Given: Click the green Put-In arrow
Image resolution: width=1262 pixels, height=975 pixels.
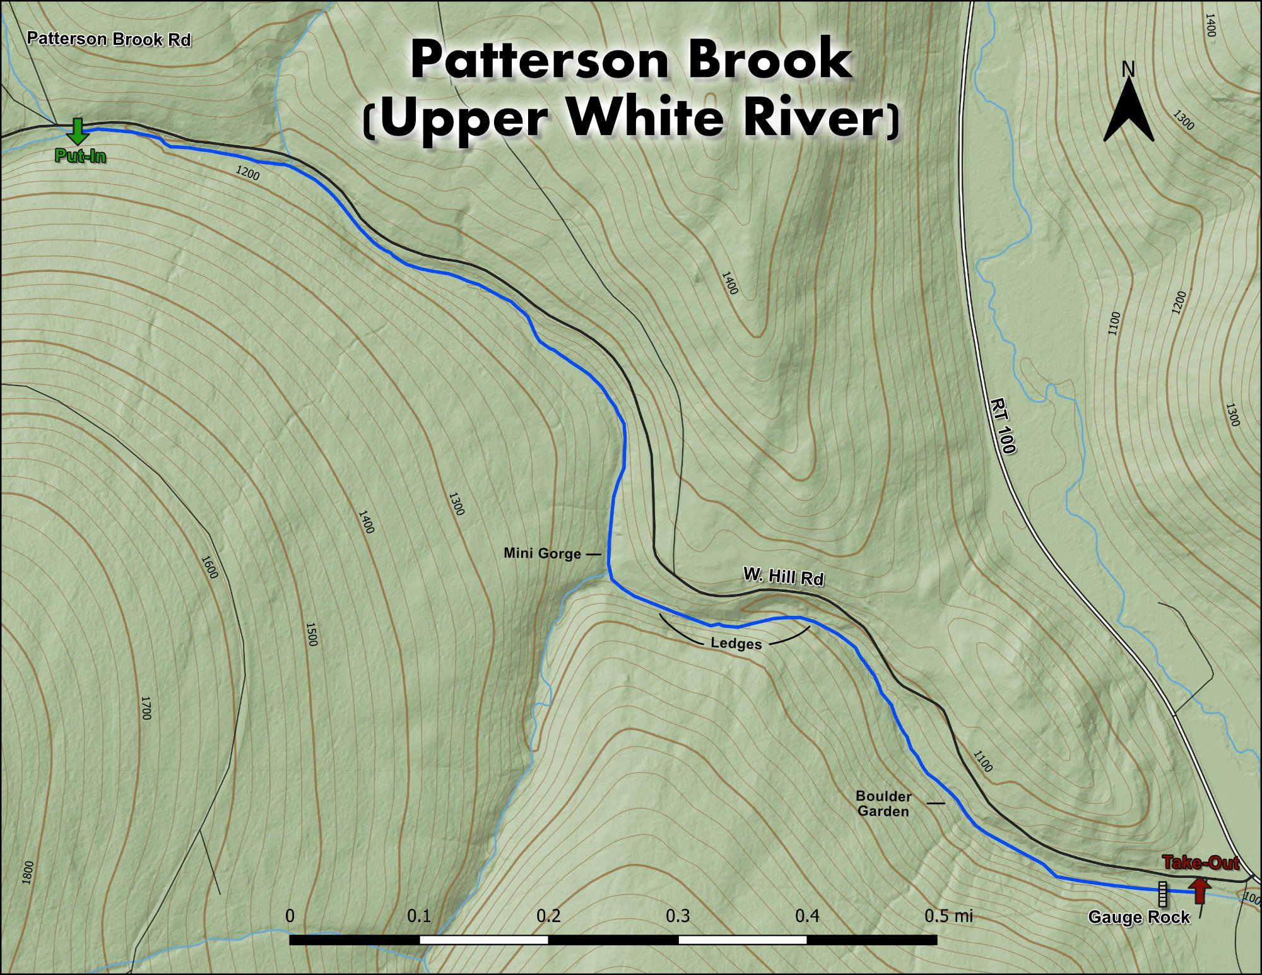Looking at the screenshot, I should (x=77, y=131).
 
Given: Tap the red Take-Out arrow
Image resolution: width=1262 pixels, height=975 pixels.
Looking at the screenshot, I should (x=1200, y=890).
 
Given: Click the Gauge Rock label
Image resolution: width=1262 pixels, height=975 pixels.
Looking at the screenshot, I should (x=1139, y=917).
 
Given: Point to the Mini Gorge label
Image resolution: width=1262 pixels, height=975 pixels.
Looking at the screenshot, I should (x=542, y=553).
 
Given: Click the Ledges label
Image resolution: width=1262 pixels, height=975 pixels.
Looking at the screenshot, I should (x=736, y=644).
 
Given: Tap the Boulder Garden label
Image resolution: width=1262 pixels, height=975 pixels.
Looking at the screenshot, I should (x=883, y=803).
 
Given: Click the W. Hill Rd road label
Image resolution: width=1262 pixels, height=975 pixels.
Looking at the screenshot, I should (x=783, y=576).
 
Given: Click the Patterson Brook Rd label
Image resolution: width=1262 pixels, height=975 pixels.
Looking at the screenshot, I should (x=109, y=39).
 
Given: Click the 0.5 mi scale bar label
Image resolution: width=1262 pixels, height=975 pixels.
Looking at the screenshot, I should (x=948, y=915).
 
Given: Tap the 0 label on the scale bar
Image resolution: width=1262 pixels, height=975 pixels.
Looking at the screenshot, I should (x=290, y=915).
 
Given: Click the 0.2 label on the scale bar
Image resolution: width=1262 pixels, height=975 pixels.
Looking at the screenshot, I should (x=548, y=915).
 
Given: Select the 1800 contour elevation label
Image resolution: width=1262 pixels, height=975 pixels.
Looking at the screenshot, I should (x=27, y=872).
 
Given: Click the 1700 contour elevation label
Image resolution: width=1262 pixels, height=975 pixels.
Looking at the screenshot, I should (x=146, y=708).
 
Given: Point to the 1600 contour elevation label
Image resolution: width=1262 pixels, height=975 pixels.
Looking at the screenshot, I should (x=209, y=567).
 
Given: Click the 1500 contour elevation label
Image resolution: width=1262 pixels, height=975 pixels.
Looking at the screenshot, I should (x=311, y=634).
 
